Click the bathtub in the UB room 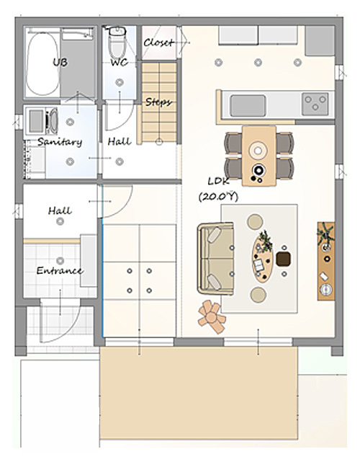[x=42, y=63]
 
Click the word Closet [x=158, y=43]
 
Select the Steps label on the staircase [x=158, y=102]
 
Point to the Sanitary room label [x=60, y=142]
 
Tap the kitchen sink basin [x=248, y=105]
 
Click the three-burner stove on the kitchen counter [x=315, y=104]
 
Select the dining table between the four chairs [x=259, y=156]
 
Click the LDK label [x=218, y=181]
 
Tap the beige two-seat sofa [x=216, y=259]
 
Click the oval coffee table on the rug [x=262, y=257]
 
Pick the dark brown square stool [x=284, y=259]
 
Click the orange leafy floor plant [x=212, y=316]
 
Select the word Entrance [x=60, y=270]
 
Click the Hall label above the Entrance [x=60, y=210]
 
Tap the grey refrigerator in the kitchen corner [x=320, y=40]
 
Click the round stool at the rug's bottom [x=258, y=295]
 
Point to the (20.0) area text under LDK [x=218, y=197]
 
